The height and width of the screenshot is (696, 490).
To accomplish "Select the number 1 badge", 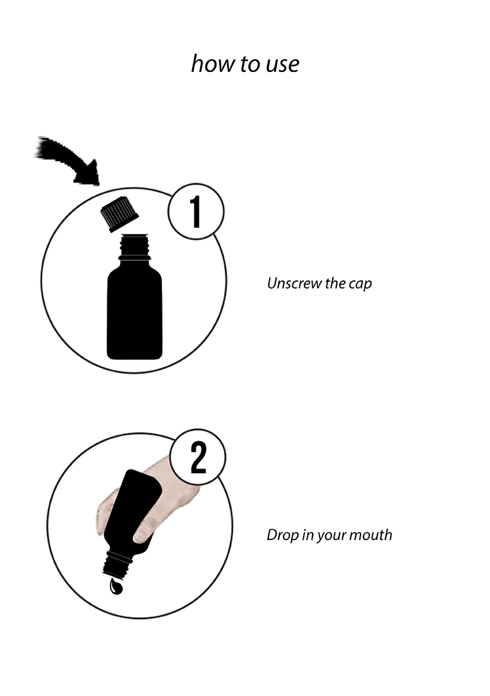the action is [x=196, y=212].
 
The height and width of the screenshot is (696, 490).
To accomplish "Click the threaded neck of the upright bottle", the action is [x=134, y=248].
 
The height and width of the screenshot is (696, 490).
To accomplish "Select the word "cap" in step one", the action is [x=361, y=284].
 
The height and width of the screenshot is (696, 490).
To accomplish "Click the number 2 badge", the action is [x=198, y=457].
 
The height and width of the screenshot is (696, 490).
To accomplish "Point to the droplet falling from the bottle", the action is [x=116, y=586].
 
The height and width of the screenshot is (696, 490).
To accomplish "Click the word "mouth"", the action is [x=371, y=535].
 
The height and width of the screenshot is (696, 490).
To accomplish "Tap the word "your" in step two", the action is [x=331, y=536].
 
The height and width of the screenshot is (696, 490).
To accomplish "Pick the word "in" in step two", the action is [x=308, y=535].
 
